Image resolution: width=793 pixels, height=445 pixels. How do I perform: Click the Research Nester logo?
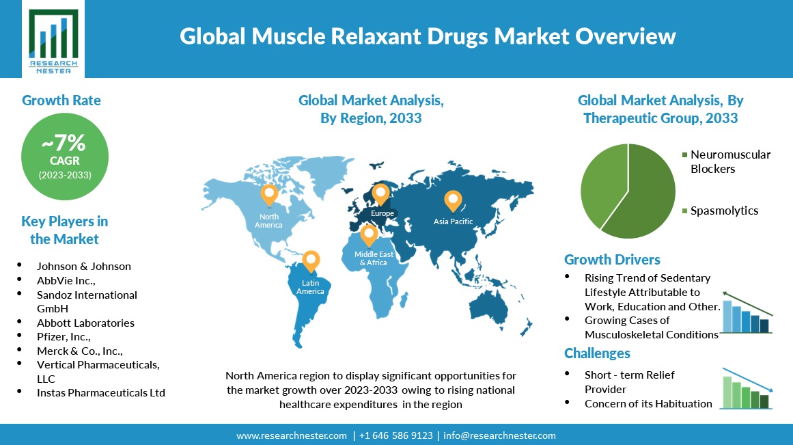coord(53,39)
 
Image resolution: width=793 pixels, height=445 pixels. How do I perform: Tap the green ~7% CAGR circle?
coord(65,157)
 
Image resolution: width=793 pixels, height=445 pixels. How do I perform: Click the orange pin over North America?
coord(269,195)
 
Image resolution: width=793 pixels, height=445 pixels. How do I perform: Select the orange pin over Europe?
coord(381,194)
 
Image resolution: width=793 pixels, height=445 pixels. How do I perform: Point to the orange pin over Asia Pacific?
coord(453,201)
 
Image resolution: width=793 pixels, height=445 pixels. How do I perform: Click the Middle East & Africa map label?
coord(374,258)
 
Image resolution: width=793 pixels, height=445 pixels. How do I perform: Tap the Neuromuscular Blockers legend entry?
coord(726,161)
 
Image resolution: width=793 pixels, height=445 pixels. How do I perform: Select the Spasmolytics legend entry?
coord(720,211)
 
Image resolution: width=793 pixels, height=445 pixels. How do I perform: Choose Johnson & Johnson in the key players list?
coord(84,267)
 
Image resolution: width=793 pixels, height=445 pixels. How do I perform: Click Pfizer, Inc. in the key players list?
coord(64,337)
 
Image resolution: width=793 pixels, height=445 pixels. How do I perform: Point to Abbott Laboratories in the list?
coord(85,323)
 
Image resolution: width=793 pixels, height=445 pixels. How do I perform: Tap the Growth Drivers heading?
coord(612,260)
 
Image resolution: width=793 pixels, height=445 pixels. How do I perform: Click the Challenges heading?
coord(597,353)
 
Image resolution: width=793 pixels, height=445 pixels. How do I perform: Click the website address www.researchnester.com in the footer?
coord(292,435)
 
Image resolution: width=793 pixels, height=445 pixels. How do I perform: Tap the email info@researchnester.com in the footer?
coord(500,435)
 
